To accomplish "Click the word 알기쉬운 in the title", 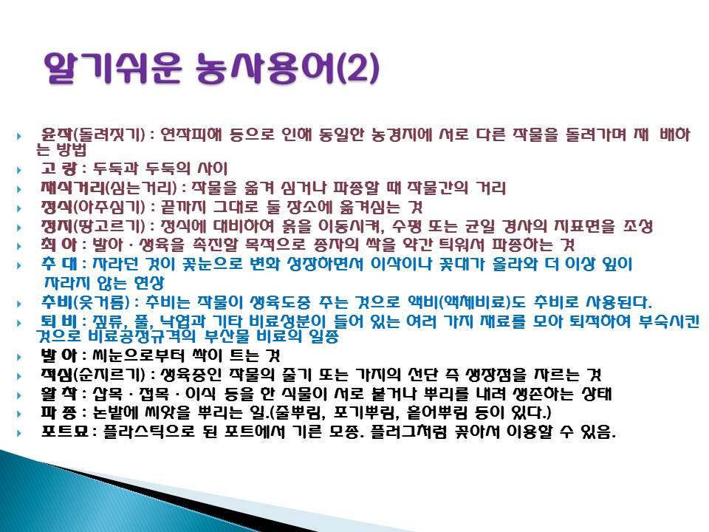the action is click(x=113, y=68).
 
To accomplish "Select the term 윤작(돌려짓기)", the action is click(x=93, y=134).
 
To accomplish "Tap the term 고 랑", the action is click(x=59, y=168).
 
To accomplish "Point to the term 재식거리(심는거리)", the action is click(x=109, y=187).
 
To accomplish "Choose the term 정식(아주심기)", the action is click(x=93, y=207).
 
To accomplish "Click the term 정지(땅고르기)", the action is click(x=93, y=226).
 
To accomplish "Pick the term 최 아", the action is click(x=59, y=245).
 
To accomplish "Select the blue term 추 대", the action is click(x=59, y=264).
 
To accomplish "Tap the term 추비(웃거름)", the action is click(x=85, y=301).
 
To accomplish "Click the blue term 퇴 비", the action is click(x=59, y=321).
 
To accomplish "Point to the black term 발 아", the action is click(x=59, y=355).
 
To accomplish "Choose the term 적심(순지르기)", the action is click(x=93, y=375).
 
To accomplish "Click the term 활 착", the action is click(x=59, y=394).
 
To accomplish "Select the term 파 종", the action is click(x=59, y=412).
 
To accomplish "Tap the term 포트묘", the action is click(x=64, y=432).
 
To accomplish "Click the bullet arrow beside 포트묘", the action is click(x=19, y=433).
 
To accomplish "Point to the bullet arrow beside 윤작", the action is click(x=19, y=136).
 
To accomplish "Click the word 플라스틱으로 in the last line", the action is click(x=148, y=432).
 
